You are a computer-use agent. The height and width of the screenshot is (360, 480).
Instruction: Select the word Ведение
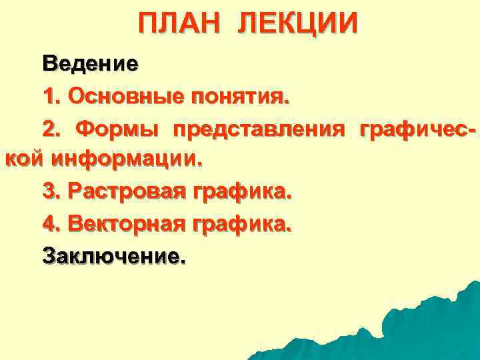(91, 65)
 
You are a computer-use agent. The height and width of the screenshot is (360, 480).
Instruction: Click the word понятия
(239, 98)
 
